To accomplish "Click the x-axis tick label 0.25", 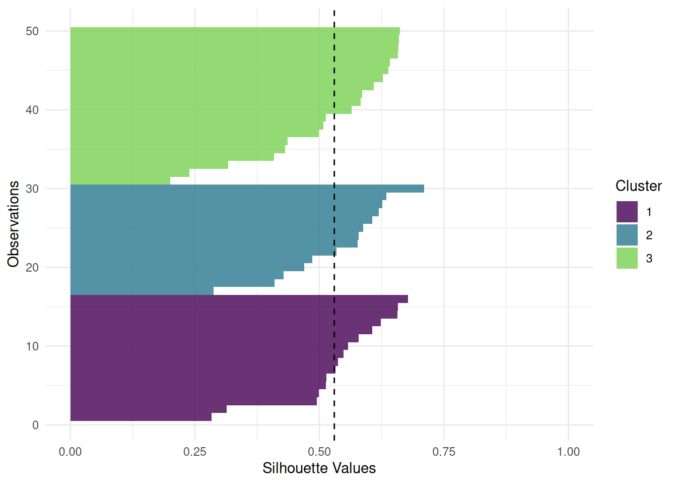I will click(194, 452).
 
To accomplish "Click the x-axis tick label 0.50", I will click(319, 452).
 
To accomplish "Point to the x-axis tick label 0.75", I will click(444, 452).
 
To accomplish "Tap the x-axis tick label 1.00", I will click(568, 452).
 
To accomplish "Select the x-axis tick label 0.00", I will click(70, 452).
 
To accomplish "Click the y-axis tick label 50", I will click(32, 31).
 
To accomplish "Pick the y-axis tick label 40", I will click(32, 110).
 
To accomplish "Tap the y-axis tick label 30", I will click(32, 189).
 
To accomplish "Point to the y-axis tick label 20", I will click(32, 267).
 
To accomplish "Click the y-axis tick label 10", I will click(32, 346).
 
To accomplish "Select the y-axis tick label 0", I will click(35, 425).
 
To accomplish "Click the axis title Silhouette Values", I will click(319, 468).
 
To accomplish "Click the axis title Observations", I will click(14, 224).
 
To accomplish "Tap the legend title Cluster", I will click(638, 186).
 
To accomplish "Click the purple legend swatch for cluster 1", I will click(627, 212).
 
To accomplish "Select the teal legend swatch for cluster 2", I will click(627, 235).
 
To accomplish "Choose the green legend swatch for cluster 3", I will click(627, 258).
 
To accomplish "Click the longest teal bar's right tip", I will click(424, 189).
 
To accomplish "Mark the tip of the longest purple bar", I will click(408, 299).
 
